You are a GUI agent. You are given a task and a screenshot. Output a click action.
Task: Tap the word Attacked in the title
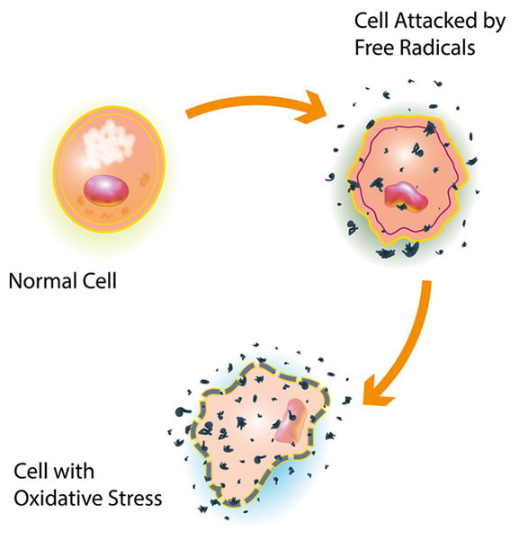[x=435, y=21]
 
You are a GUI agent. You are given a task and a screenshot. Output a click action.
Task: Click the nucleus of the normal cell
[x=106, y=190]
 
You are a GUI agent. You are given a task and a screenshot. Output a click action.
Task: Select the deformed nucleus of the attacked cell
[x=406, y=198]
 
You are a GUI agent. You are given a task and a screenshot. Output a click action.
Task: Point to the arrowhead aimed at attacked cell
[x=309, y=107]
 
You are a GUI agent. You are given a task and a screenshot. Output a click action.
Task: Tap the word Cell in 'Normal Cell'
[x=100, y=281]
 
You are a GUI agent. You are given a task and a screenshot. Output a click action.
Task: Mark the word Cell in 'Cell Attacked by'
[x=371, y=21]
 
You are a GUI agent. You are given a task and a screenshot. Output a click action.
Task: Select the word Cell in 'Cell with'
[x=31, y=471]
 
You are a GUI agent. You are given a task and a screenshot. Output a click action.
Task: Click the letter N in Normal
[x=15, y=281]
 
